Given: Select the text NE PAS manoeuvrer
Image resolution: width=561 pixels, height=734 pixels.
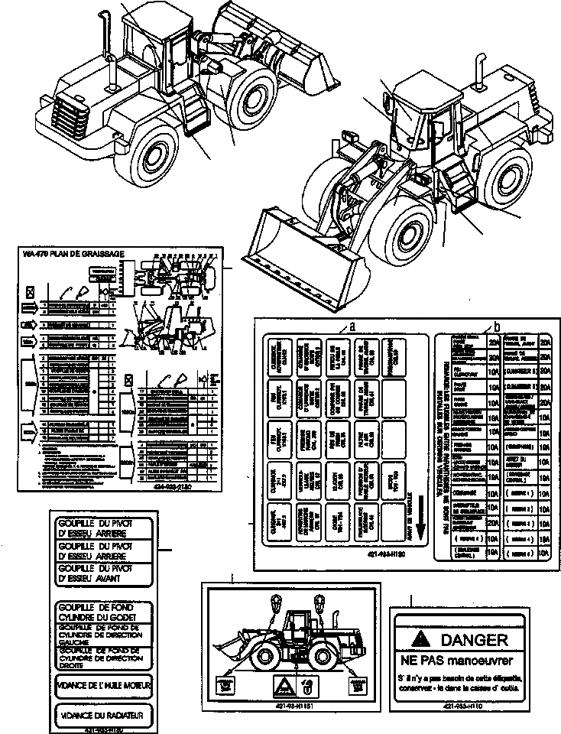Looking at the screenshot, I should click(457, 660).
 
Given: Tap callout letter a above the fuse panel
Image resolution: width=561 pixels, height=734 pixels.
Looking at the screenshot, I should click(352, 325).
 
